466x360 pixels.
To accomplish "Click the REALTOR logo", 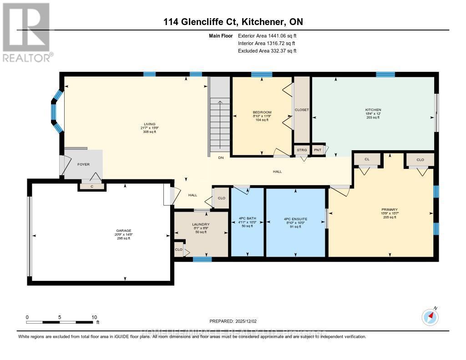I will [x=26, y=32].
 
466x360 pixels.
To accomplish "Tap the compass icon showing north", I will [x=430, y=316].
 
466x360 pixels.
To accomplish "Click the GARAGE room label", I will [x=123, y=231].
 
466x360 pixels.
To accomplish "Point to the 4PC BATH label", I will [x=248, y=219].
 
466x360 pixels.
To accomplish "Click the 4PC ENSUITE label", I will [x=295, y=219].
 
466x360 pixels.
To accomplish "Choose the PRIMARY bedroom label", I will [x=390, y=210].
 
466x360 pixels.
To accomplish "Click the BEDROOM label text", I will [x=262, y=112].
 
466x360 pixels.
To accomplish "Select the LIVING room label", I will [x=150, y=124].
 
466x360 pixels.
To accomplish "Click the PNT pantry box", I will [x=318, y=150].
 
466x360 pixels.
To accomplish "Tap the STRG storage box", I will [x=302, y=150].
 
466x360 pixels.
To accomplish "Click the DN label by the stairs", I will [x=221, y=157].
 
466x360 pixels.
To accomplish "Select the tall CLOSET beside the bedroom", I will [x=302, y=110].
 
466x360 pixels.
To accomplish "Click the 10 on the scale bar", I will [x=94, y=317].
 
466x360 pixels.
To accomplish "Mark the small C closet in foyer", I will [x=91, y=186].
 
